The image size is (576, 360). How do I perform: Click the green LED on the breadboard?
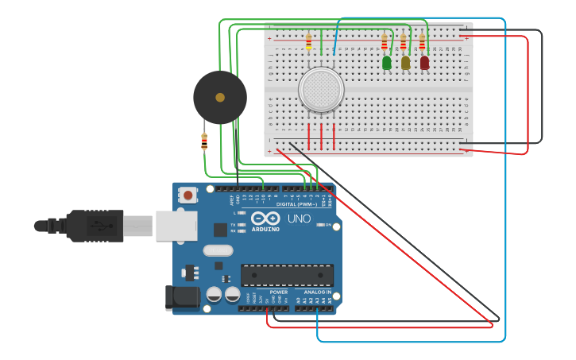(x=387, y=62)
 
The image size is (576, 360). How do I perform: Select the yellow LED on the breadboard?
(x=406, y=62)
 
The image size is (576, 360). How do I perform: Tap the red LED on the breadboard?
(x=425, y=62)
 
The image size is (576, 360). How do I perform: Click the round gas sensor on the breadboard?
(x=321, y=88)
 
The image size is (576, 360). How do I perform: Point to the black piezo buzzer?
(x=220, y=97)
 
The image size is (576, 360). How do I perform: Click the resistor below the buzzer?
(x=204, y=141)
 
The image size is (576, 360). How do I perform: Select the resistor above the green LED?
(x=385, y=42)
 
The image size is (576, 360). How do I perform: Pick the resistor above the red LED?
(x=422, y=41)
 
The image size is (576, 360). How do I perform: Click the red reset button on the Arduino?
(x=188, y=194)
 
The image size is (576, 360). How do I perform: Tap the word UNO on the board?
(x=299, y=219)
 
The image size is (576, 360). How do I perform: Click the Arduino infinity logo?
(x=265, y=218)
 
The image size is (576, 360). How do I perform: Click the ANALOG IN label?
(x=317, y=292)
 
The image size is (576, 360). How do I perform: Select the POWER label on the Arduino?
(x=278, y=292)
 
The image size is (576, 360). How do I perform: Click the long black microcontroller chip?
(x=287, y=275)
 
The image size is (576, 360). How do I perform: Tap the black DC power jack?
(x=180, y=298)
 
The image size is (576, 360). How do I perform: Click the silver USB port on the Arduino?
(x=176, y=226)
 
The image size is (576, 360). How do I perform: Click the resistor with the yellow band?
(x=308, y=41)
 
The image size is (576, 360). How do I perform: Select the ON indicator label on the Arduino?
(x=327, y=225)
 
